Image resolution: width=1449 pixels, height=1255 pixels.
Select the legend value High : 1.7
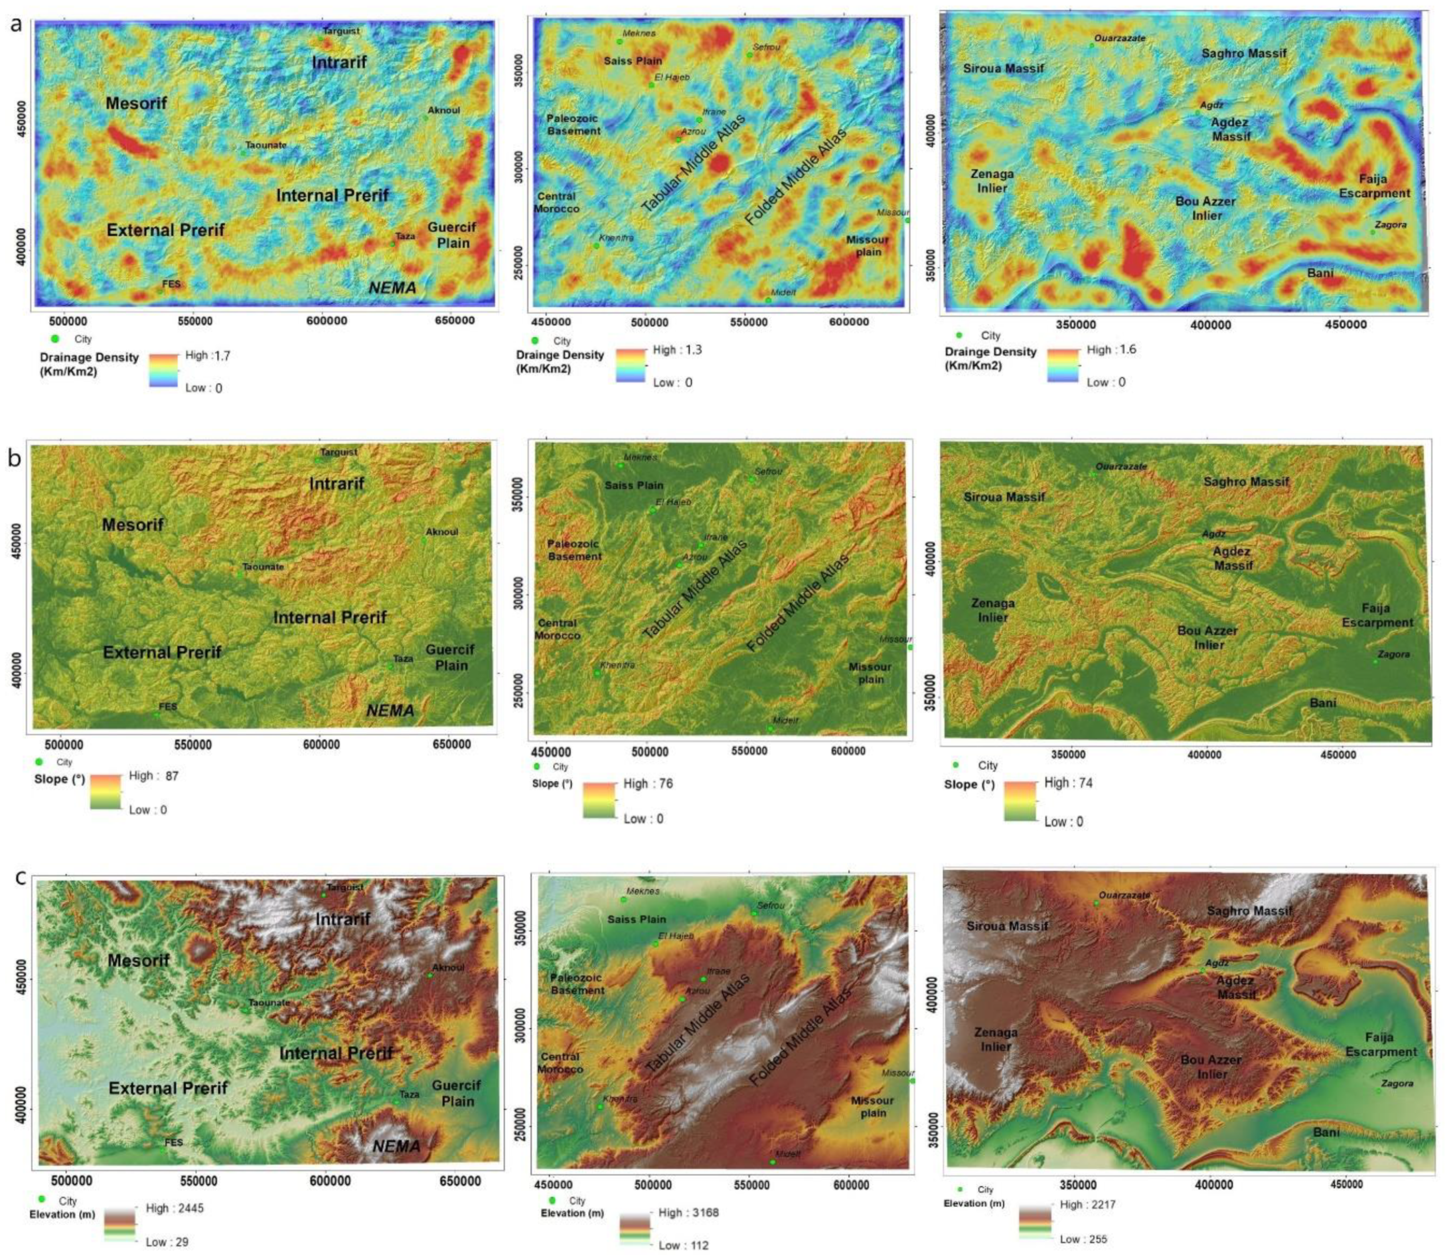(x=207, y=356)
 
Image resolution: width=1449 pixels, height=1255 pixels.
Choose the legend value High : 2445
(x=175, y=1208)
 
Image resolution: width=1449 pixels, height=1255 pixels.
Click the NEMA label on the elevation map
(x=396, y=1146)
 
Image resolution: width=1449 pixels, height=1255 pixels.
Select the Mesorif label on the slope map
(x=133, y=525)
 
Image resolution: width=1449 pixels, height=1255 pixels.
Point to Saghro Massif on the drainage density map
(x=1244, y=53)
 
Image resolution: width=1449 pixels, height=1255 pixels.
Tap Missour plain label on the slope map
(x=871, y=673)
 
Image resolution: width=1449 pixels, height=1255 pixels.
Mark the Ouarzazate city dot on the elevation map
(x=1096, y=903)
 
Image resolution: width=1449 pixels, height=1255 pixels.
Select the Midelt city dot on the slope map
(x=770, y=729)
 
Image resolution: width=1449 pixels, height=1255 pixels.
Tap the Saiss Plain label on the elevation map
(x=636, y=919)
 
